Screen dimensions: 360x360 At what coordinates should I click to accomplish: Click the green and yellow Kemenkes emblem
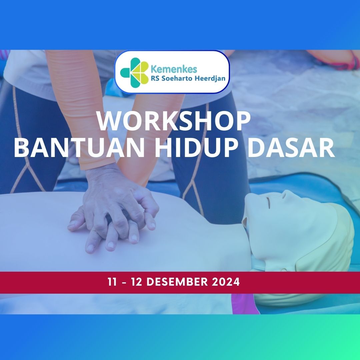point(134,72)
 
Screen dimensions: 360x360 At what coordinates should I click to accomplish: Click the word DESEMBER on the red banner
point(177,282)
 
